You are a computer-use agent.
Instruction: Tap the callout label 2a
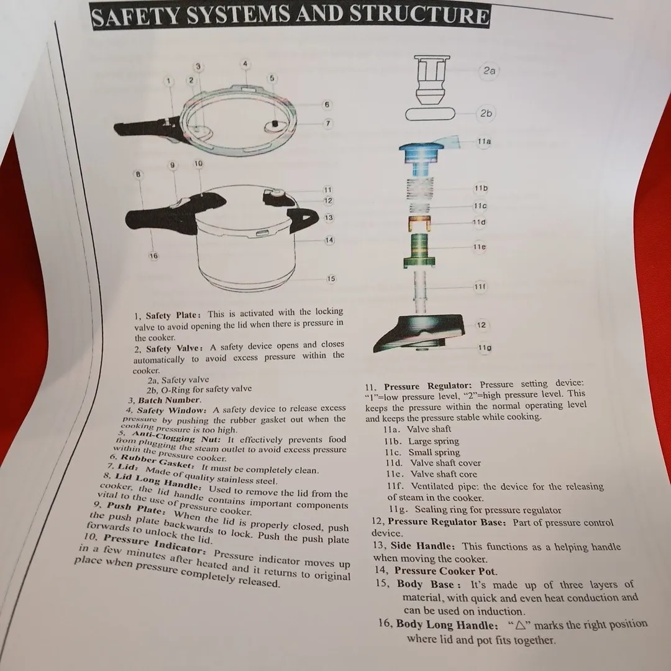[x=489, y=71]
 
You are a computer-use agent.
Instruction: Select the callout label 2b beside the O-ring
[x=486, y=114]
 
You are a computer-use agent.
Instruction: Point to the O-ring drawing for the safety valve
[x=430, y=114]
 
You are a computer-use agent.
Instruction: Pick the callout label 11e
[x=479, y=247]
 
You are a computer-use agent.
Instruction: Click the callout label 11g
[x=485, y=347]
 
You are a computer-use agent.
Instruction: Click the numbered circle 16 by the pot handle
[x=153, y=256]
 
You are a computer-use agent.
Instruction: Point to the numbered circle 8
[x=138, y=174]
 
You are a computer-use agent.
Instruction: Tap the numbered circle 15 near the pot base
[x=331, y=278]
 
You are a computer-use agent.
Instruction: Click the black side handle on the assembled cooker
[x=304, y=219]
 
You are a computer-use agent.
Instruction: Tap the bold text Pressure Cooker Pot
[x=445, y=571]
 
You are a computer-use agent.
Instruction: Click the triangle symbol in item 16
[x=520, y=625]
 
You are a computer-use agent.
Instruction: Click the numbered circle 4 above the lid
[x=245, y=64]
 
